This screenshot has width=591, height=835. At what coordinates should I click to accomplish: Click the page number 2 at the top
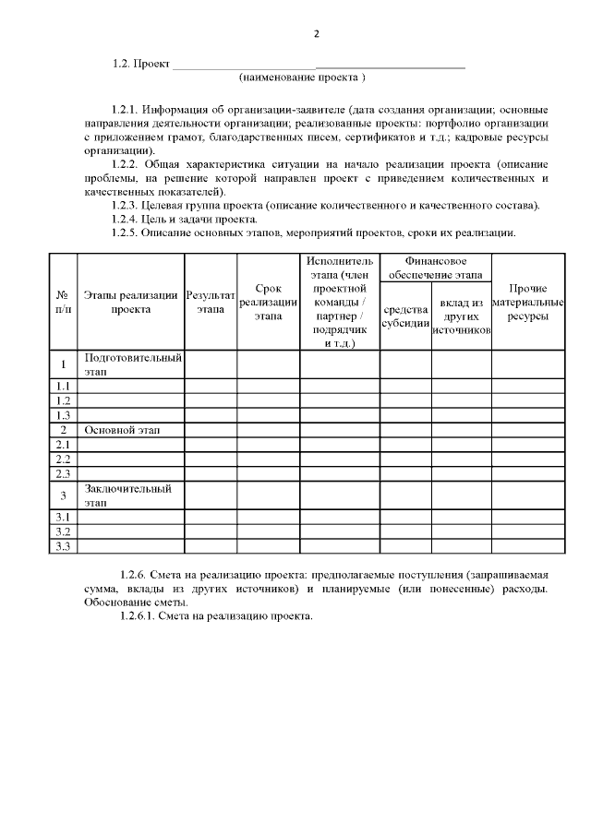point(316,34)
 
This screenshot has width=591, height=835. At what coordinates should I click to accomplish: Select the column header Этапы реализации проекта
point(130,302)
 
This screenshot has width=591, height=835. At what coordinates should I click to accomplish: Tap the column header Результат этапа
point(211,302)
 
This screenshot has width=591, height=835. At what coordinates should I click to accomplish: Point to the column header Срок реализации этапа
point(268,302)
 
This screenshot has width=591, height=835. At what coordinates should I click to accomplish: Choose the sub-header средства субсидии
point(405,316)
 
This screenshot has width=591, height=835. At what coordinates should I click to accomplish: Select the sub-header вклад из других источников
point(461,316)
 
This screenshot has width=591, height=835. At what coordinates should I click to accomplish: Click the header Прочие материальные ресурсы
point(528,302)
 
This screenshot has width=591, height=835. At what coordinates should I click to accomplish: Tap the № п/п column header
point(63,302)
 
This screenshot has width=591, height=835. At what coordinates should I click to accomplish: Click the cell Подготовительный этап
point(132,364)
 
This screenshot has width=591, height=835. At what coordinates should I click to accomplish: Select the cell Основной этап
point(117,430)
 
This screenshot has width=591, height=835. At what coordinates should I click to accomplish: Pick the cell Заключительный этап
point(129,495)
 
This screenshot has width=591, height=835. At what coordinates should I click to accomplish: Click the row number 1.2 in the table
point(63,400)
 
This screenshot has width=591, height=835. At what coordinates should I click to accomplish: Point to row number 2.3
point(63,473)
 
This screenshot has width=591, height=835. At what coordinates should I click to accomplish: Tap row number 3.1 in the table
point(63,517)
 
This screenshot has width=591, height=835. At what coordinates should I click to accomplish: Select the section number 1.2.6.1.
point(139,616)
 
